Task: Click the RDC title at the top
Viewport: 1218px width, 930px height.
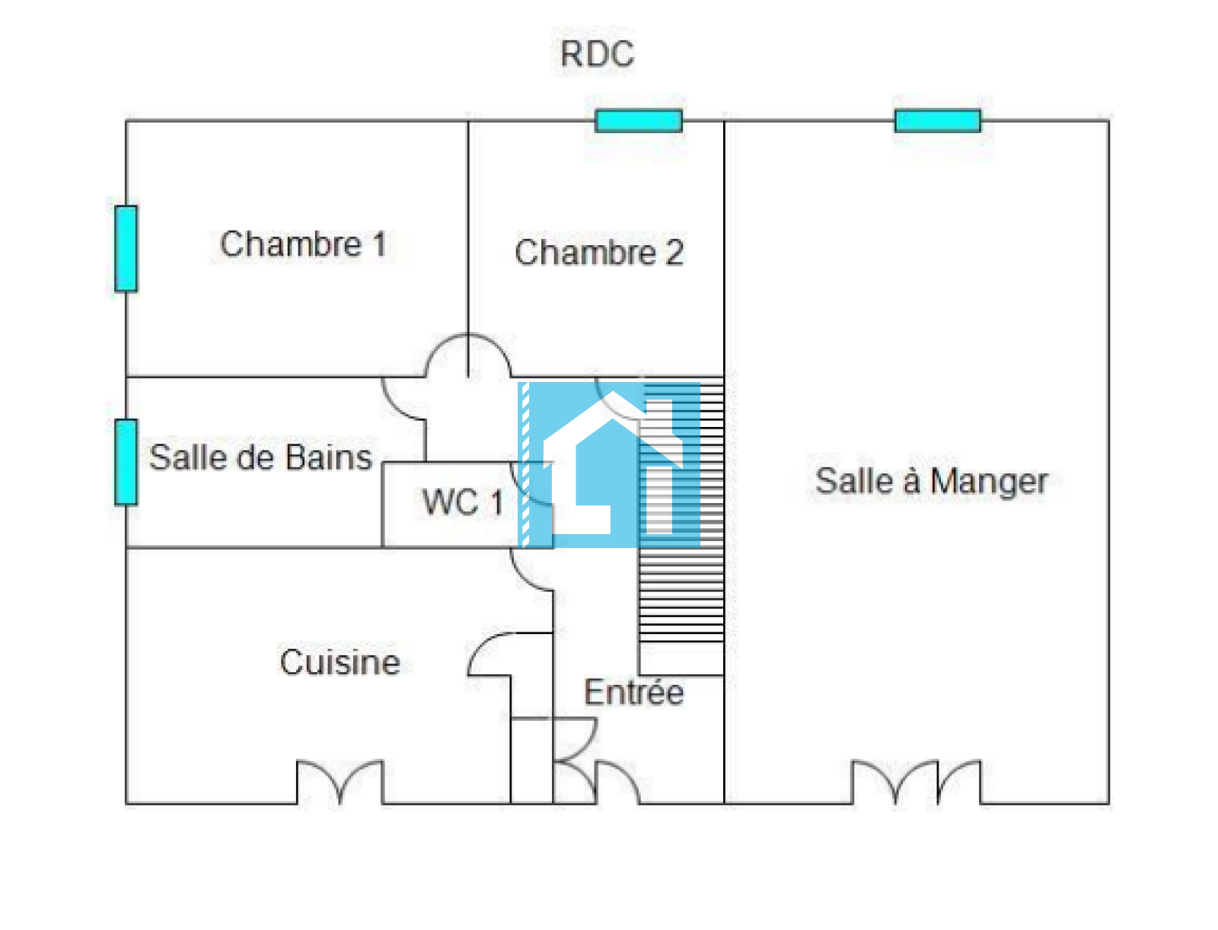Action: tap(597, 54)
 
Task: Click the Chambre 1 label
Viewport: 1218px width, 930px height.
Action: tap(303, 244)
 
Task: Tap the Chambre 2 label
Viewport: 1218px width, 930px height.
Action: tap(598, 253)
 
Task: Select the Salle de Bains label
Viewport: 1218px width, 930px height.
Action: tap(260, 457)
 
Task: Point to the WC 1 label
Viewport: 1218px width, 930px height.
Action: tap(462, 502)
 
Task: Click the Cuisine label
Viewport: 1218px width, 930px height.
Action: tap(340, 662)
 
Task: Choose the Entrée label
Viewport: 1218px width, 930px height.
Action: tap(633, 693)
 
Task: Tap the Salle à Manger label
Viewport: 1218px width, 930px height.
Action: tap(931, 481)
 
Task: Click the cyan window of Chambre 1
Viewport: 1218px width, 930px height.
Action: tap(126, 248)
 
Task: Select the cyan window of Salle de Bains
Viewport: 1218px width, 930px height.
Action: tap(126, 462)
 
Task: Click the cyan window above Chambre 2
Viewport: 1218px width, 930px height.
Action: tap(638, 120)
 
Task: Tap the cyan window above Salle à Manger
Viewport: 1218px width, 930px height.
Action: tap(937, 120)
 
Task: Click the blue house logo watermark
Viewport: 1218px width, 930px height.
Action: tap(609, 464)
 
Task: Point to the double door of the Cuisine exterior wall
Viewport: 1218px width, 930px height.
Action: tap(340, 781)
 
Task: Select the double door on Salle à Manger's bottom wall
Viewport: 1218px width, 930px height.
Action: tap(916, 781)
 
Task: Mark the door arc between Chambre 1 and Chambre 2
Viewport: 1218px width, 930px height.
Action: tap(467, 355)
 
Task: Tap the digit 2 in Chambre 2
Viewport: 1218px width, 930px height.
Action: tap(674, 253)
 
